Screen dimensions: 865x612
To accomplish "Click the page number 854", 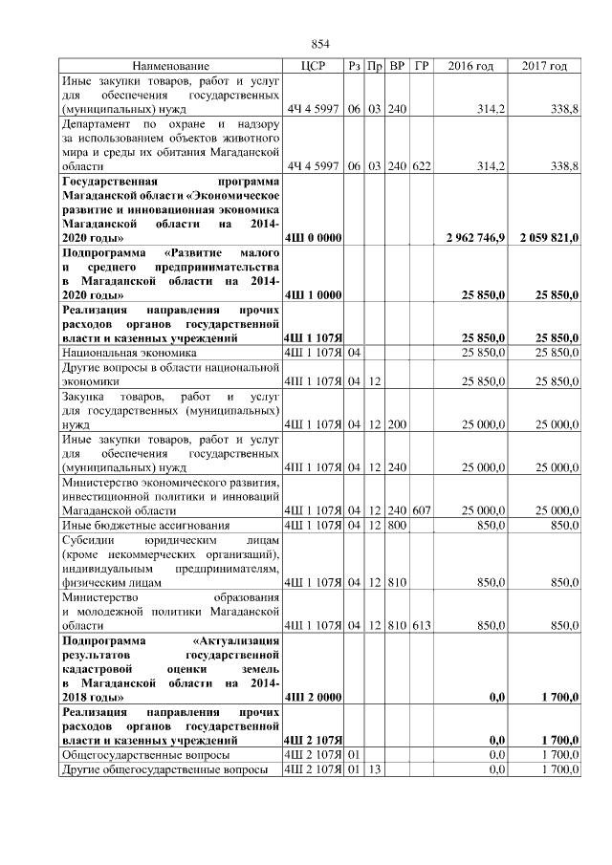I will coord(321,45).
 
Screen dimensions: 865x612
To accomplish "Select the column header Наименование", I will coord(170,66).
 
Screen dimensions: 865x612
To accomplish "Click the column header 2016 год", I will coord(470,66).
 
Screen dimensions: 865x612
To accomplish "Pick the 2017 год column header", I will coord(544,66).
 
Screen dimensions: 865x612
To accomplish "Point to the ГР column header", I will coord(422,66).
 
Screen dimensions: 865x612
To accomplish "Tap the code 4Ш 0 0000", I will coord(314,236).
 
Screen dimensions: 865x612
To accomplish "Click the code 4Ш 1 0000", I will coord(314,295).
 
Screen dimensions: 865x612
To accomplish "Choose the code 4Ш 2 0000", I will coord(314,698).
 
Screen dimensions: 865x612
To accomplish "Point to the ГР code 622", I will coord(422,166).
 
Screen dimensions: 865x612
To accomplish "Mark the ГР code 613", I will coord(422,624).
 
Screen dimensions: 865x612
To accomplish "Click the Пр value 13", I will coord(375,770).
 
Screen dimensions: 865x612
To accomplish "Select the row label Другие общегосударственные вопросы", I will coord(164,770).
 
